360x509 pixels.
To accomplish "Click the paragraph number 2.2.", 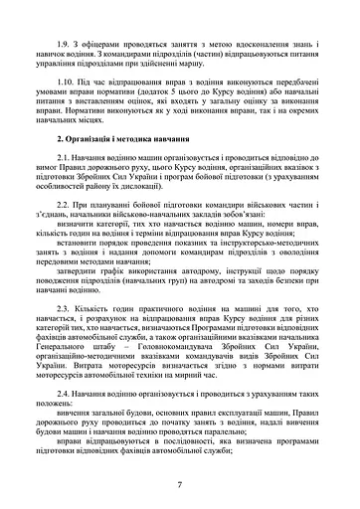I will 65,232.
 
